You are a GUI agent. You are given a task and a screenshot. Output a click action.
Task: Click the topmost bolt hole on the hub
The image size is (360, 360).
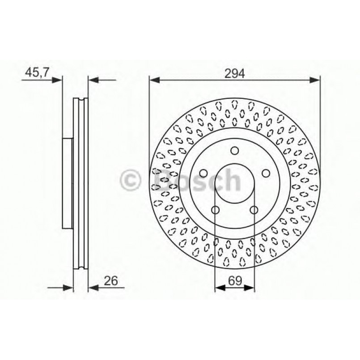click(x=235, y=151)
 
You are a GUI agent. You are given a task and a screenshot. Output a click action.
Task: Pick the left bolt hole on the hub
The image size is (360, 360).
click(x=203, y=173)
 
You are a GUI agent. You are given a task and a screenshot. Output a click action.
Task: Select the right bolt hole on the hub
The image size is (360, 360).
click(x=266, y=173)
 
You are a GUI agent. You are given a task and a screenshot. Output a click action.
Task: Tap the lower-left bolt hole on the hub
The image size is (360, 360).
click(x=216, y=210)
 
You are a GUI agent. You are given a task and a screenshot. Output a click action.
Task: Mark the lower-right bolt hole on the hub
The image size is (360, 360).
click(x=254, y=210)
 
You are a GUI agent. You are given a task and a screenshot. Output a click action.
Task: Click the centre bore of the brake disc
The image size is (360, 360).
click(x=235, y=183)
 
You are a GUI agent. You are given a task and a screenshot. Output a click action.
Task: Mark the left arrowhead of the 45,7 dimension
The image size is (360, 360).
click(x=57, y=80)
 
